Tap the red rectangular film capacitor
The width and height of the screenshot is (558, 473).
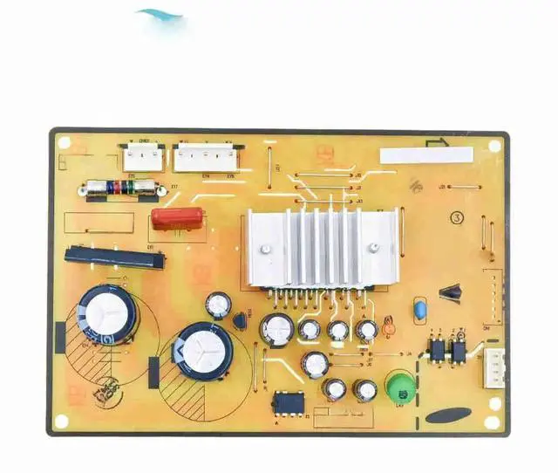tap(177, 217)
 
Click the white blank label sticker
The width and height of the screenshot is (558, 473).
tap(426, 155)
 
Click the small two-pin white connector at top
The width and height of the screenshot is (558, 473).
tap(142, 157)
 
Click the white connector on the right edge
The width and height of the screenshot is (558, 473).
tap(495, 368)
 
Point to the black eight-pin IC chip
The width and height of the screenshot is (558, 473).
tap(289, 404)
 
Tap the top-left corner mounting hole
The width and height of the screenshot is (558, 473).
tap(65, 145)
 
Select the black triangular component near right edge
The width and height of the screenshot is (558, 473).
tap(451, 292)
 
